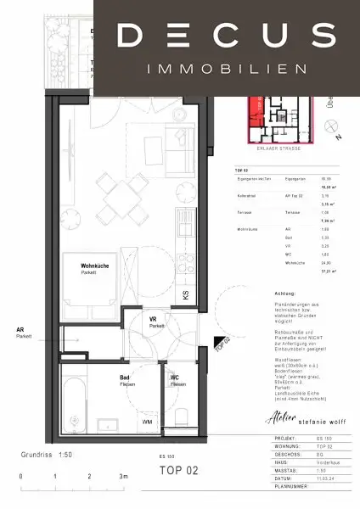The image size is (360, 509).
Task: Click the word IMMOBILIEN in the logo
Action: (x=226, y=67)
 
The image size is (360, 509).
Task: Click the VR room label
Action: (x=155, y=321)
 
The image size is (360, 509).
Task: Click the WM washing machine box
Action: (x=147, y=422)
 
